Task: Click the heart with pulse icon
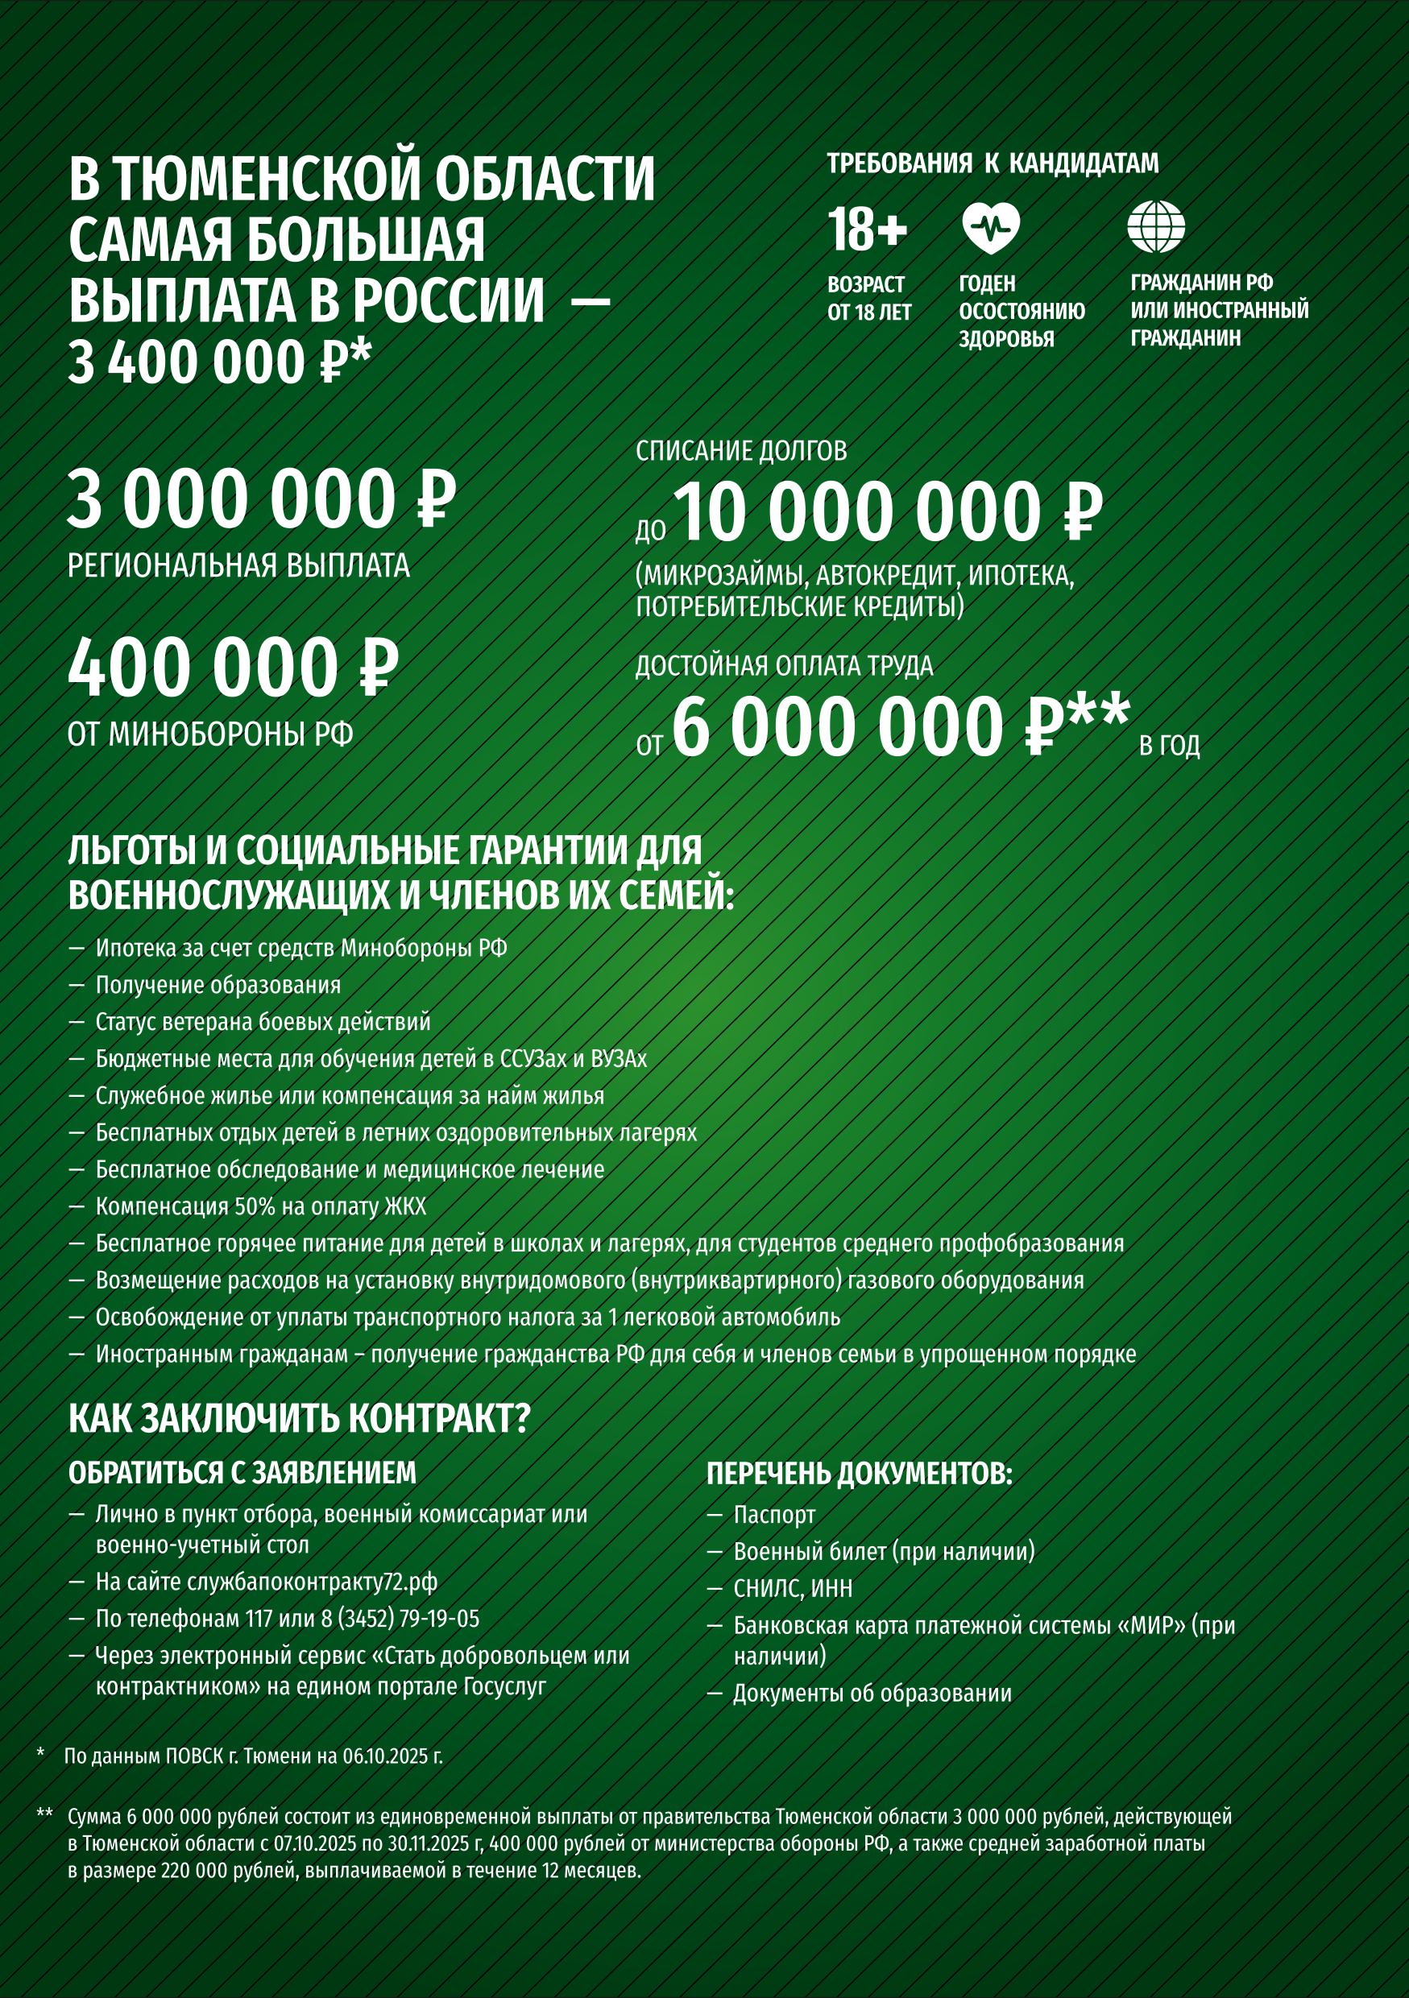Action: [x=989, y=228]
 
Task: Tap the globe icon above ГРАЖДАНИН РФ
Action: [x=1156, y=227]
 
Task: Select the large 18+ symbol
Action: [x=867, y=230]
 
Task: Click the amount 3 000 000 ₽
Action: [x=261, y=500]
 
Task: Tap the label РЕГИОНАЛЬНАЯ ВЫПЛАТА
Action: [x=238, y=565]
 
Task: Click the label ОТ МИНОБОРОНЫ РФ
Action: [x=210, y=735]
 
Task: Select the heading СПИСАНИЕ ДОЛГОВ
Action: [x=740, y=451]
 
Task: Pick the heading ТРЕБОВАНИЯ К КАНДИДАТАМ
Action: [x=993, y=163]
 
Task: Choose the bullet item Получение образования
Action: [x=218, y=985]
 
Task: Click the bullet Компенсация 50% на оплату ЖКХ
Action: [x=261, y=1207]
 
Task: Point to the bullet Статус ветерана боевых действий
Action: [x=263, y=1022]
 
